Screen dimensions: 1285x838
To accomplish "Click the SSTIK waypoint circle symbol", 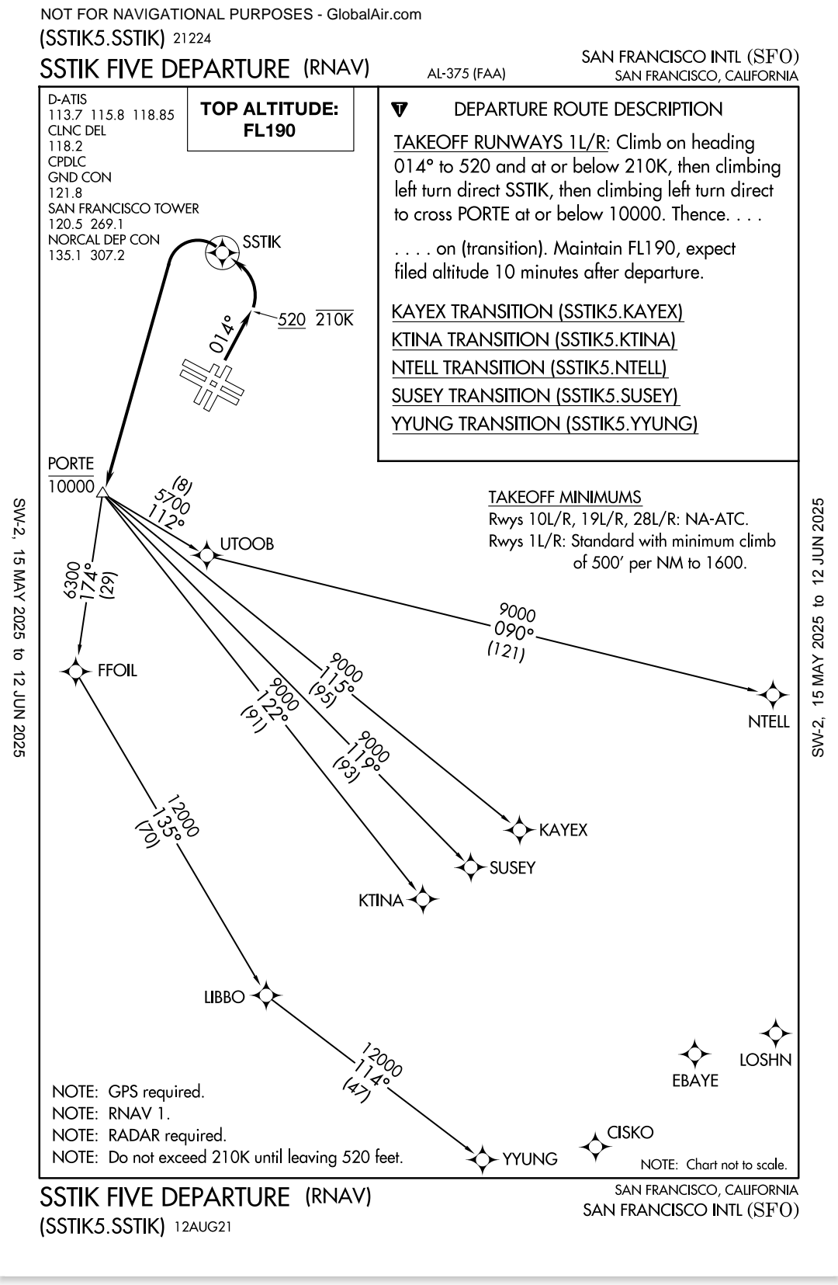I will [x=222, y=253].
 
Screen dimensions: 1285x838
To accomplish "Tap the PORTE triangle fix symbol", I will [x=102, y=491].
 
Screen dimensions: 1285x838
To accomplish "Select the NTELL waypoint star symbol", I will [x=771, y=694].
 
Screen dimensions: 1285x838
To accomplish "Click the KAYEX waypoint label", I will [x=563, y=830].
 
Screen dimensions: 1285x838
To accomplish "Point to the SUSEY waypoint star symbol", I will [x=470, y=867].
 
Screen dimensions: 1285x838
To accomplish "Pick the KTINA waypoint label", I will [x=381, y=901].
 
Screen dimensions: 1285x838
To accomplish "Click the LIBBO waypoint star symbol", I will [x=266, y=995].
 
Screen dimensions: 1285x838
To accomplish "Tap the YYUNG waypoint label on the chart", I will [x=530, y=1159].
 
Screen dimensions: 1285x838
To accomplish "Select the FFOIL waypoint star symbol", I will [x=76, y=671].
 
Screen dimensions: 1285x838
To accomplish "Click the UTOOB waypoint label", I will [x=247, y=544].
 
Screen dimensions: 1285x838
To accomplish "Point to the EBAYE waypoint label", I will [x=695, y=1080].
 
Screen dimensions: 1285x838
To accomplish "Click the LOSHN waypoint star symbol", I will [x=774, y=1034].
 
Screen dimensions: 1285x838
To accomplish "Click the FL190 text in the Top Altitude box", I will [x=269, y=130].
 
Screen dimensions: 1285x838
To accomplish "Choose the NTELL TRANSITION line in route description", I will [x=530, y=368].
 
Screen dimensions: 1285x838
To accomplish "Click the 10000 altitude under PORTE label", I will [x=71, y=487].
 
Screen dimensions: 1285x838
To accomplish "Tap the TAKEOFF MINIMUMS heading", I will [x=564, y=497].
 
